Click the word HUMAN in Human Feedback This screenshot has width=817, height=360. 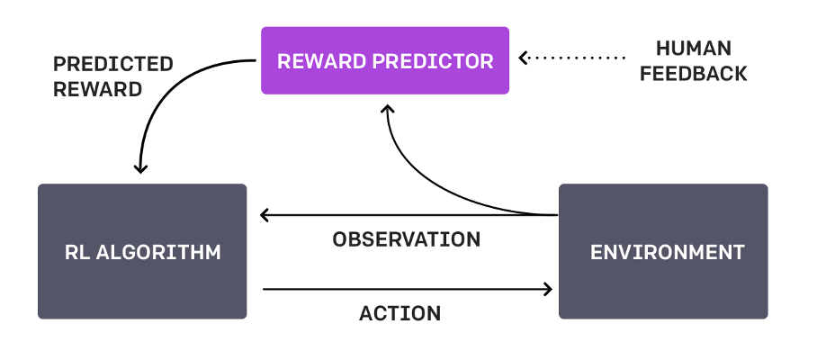coord(693,49)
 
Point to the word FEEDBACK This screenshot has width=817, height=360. coord(693,74)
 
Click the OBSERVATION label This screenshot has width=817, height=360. coord(406,240)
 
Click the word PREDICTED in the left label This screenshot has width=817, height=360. coord(113,65)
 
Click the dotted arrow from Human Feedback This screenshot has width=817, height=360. coord(576,58)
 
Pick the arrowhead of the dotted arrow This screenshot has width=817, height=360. coord(525,58)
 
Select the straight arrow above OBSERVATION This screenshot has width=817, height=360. coord(405,215)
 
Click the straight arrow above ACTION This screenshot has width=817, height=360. coord(405,289)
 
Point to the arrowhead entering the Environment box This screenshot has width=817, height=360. coord(547,289)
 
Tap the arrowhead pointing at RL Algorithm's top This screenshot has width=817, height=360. coord(139,167)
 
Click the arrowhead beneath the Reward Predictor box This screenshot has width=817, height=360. coord(388,109)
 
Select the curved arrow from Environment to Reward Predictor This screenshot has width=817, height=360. coord(423,180)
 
